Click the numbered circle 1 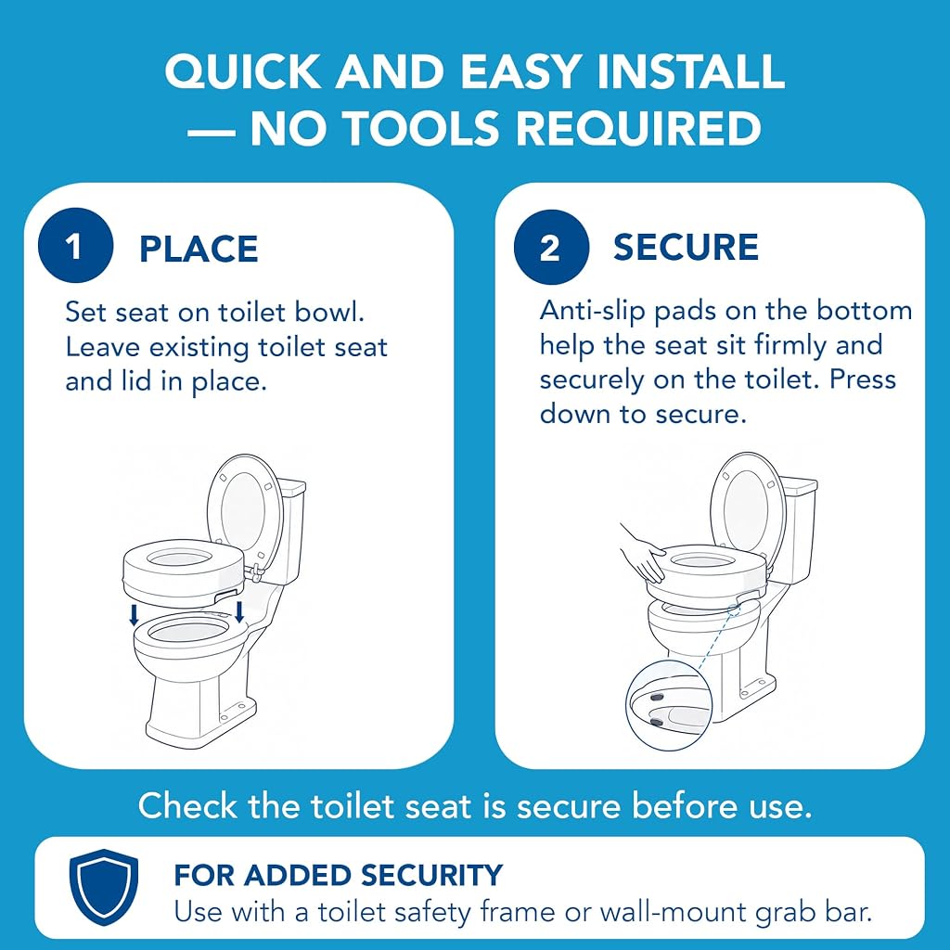coord(75,245)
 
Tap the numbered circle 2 coord(551,247)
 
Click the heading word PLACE coord(199,249)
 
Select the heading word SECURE coord(686,247)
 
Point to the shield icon coord(104,887)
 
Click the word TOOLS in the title coord(418,128)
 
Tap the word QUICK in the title coord(242,71)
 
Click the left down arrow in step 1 coord(135,616)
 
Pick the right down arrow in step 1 coord(239,611)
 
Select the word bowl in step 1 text coord(329,312)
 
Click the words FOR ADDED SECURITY coord(338,876)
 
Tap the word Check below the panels coord(187,806)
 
